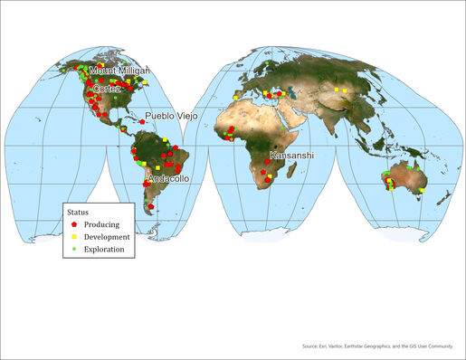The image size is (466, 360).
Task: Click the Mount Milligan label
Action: tap(119, 71)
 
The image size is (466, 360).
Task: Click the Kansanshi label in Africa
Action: tap(291, 156)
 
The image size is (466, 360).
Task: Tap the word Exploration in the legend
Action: tap(105, 249)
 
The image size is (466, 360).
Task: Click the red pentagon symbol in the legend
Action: tap(74, 223)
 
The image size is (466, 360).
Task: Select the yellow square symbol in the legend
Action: tap(74, 236)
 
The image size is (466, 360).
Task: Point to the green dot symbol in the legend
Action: tap(74, 249)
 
